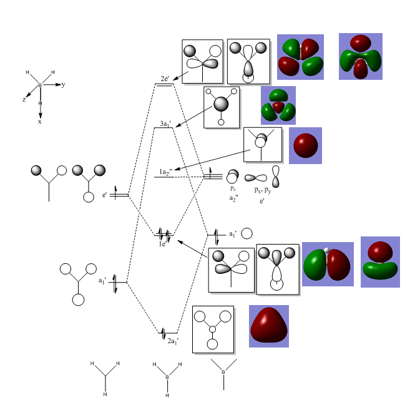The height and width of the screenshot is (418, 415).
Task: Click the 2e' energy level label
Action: tap(164, 79)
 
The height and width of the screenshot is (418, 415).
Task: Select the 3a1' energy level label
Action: tap(165, 124)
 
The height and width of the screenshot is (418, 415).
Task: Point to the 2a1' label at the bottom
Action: tap(173, 341)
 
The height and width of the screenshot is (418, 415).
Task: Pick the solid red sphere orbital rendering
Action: tap(306, 145)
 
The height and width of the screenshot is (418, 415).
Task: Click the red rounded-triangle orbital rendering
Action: tap(269, 326)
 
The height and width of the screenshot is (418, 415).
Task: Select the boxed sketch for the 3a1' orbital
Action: tap(222, 107)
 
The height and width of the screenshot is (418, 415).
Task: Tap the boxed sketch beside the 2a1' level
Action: tap(213, 329)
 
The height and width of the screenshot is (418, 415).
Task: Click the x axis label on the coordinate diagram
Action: tap(41, 122)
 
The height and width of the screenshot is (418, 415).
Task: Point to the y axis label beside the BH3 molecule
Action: tap(63, 84)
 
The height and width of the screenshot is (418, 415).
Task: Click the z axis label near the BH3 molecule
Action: tap(24, 99)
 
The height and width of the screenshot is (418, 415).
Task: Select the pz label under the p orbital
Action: tap(233, 188)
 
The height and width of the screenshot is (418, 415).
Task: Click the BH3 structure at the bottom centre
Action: tap(167, 378)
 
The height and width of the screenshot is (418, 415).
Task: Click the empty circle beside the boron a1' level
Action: tap(247, 234)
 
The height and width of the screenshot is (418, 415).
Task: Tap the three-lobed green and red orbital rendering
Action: tap(278, 105)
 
